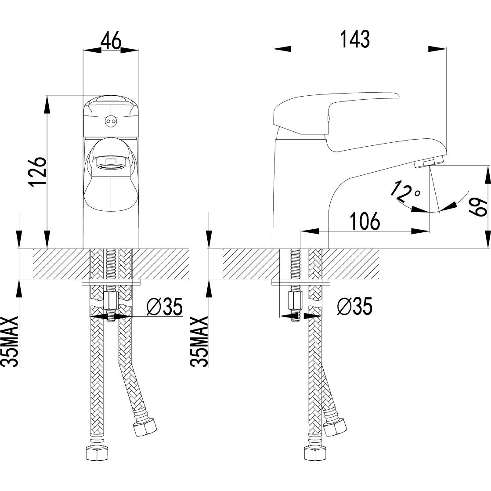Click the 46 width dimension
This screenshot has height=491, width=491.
(x=111, y=40)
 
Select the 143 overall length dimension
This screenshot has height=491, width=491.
(x=355, y=39)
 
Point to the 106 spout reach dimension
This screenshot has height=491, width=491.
(x=365, y=220)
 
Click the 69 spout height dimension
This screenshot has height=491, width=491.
(x=479, y=207)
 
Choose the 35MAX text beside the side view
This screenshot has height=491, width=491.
(x=199, y=341)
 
